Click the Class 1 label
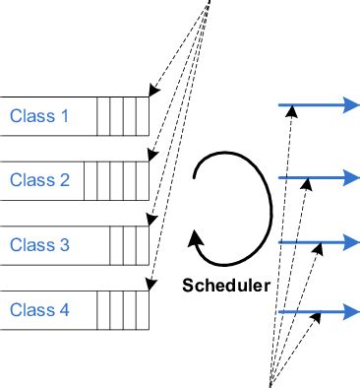pos(39,116)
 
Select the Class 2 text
pos(39,180)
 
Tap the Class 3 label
pos(39,245)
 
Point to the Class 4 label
pos(39,310)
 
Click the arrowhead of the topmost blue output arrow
pos(350,106)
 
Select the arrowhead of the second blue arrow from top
pos(350,177)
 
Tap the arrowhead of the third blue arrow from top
pos(350,242)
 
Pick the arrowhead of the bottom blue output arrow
pos(350,312)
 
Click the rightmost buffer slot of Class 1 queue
pos(142,116)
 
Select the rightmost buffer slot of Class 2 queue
pos(142,180)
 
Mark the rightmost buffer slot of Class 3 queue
pos(142,245)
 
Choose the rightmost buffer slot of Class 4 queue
pos(142,310)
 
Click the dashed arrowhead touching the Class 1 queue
pos(150,94)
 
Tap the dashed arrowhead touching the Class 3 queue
pos(150,223)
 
